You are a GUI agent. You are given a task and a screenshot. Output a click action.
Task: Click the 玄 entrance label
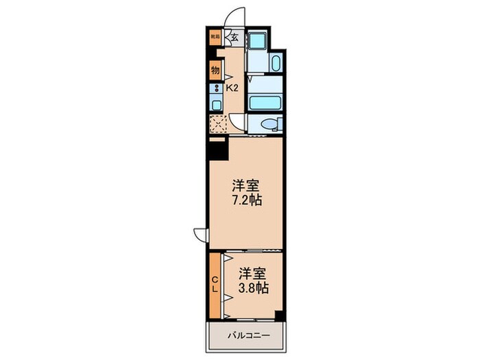(x=235, y=38)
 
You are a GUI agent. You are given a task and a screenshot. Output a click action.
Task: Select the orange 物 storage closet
(x=215, y=70)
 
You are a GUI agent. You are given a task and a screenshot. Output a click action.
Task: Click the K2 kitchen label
(x=232, y=88)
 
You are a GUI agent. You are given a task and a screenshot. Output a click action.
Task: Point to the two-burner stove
(x=215, y=88)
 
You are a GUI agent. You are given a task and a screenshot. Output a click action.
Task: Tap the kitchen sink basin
(x=215, y=105)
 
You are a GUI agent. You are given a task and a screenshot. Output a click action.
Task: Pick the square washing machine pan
(x=258, y=40)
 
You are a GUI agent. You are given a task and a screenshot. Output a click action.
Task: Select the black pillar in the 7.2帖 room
(x=218, y=148)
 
